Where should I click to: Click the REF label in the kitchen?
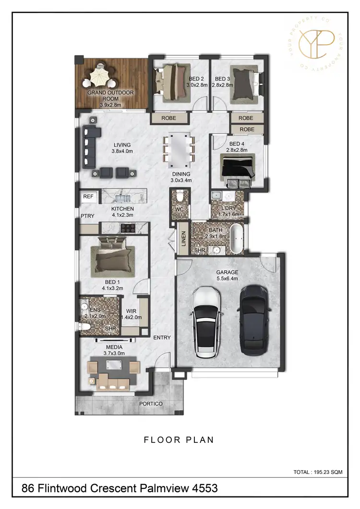[88, 197]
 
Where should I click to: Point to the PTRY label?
[87, 216]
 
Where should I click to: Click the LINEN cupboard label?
[184, 239]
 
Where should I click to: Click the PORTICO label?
[151, 404]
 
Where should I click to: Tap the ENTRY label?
[162, 338]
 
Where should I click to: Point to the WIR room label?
[131, 311]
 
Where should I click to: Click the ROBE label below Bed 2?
[168, 118]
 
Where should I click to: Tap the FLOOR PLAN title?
[179, 439]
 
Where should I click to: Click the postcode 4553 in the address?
[205, 489]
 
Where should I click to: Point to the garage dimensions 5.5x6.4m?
[228, 279]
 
